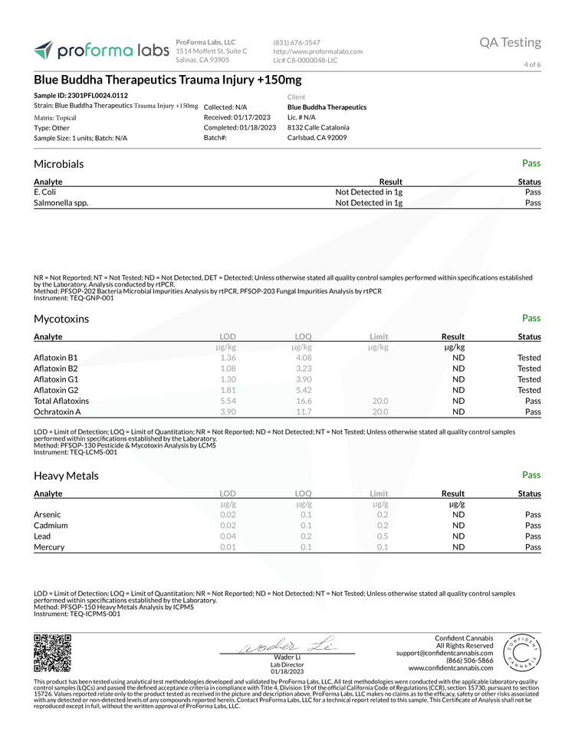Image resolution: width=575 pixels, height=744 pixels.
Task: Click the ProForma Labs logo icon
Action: tap(44, 51)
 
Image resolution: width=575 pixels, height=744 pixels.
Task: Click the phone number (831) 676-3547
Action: tap(297, 42)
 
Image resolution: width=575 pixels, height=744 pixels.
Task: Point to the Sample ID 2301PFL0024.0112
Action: tap(81, 95)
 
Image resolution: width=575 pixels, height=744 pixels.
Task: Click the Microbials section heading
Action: tap(59, 164)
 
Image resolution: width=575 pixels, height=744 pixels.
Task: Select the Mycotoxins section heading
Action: tap(61, 319)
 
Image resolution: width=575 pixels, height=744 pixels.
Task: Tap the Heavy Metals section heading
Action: tap(66, 476)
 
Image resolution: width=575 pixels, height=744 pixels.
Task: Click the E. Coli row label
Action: tap(45, 192)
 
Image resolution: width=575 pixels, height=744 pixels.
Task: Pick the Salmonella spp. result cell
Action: tap(370, 203)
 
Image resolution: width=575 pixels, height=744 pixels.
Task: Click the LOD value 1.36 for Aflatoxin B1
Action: tap(228, 358)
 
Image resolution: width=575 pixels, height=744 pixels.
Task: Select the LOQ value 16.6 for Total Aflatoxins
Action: tap(304, 401)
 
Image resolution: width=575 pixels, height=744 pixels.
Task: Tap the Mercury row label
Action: tap(49, 547)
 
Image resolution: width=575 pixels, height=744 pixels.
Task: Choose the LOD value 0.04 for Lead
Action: tap(228, 536)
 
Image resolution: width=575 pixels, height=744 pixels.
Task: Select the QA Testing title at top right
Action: tap(510, 42)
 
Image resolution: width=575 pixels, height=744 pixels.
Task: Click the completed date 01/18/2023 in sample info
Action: tap(257, 127)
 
